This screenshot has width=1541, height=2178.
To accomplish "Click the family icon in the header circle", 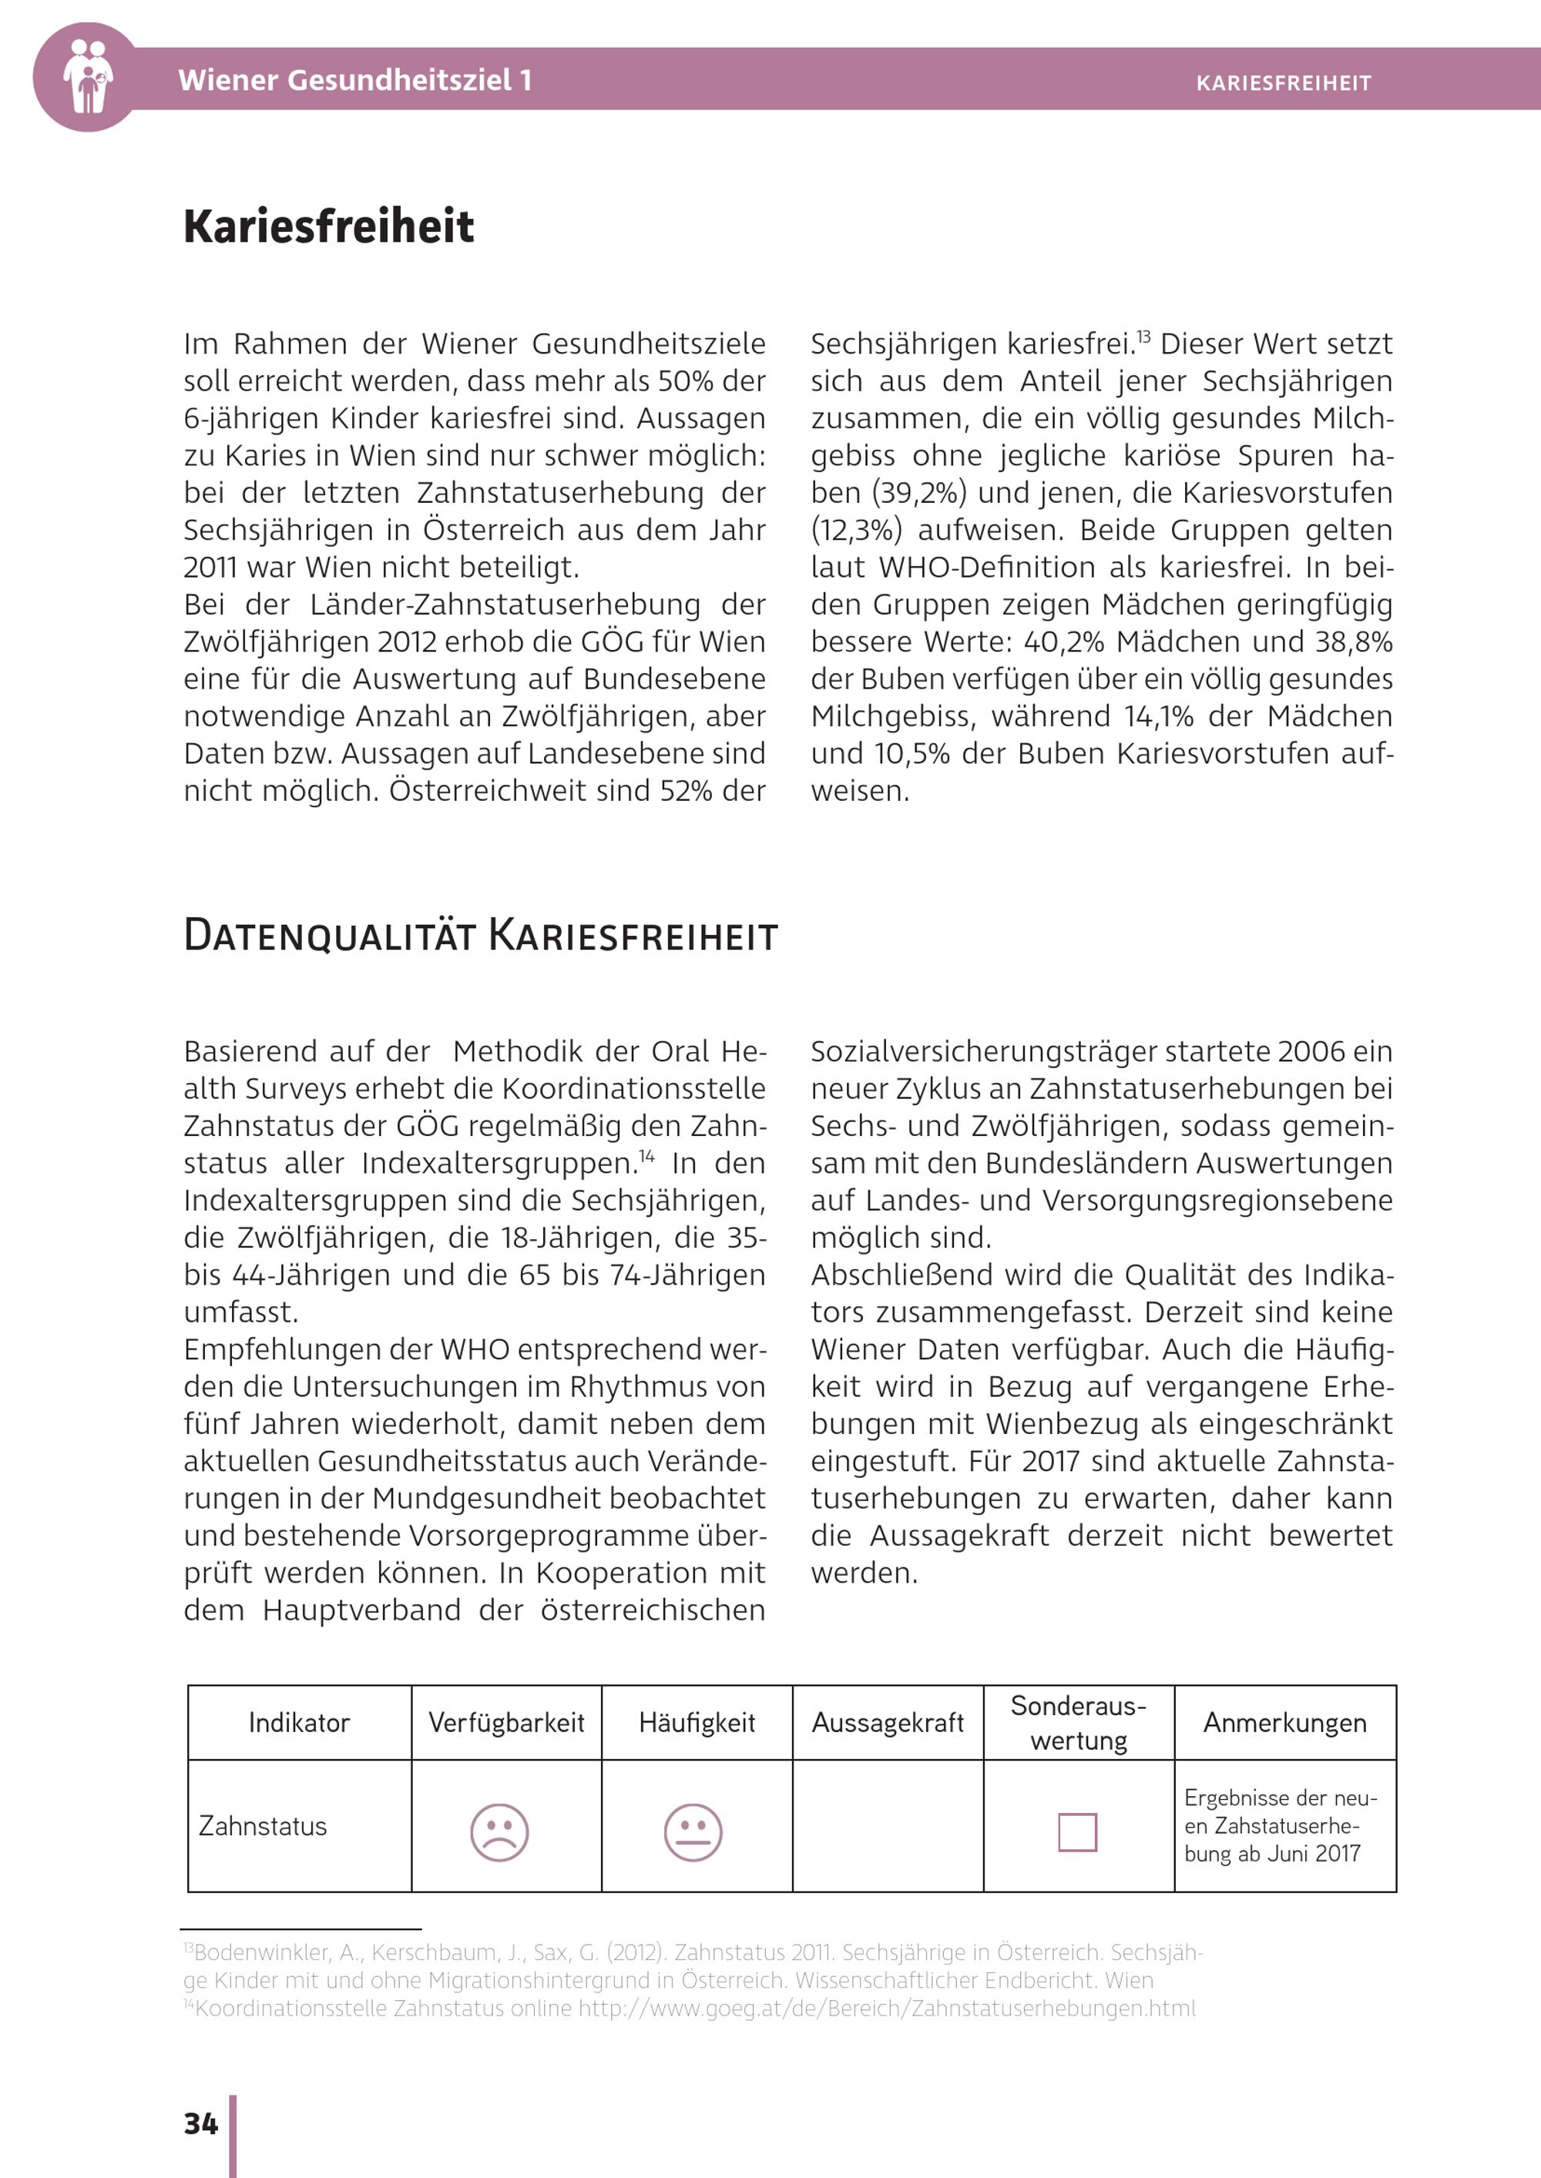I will tap(87, 77).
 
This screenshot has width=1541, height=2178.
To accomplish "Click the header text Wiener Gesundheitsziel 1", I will tap(355, 79).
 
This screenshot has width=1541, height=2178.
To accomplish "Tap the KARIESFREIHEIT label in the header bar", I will tap(1283, 83).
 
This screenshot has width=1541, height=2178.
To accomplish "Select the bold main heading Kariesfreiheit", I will tap(328, 226).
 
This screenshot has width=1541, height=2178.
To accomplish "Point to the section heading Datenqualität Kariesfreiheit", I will tap(480, 935).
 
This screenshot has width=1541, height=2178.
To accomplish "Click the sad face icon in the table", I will tap(499, 1831).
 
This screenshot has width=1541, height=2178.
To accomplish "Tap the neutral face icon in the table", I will tap(693, 1831).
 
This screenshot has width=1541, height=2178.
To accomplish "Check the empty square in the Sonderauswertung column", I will tap(1077, 1831).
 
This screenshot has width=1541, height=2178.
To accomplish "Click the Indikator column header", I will tap(299, 1723).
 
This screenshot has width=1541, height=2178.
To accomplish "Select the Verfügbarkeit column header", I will tap(505, 1723).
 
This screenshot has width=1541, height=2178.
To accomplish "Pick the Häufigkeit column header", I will tap(697, 1723).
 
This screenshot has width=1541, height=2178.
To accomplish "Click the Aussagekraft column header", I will tap(887, 1723).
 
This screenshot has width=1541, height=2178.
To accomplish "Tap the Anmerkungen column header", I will tap(1284, 1723).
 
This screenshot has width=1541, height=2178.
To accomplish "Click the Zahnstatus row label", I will tap(263, 1826).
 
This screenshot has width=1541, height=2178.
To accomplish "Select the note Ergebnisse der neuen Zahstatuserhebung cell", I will tap(1280, 1825).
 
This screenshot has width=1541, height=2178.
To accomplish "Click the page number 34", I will tap(200, 2123).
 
